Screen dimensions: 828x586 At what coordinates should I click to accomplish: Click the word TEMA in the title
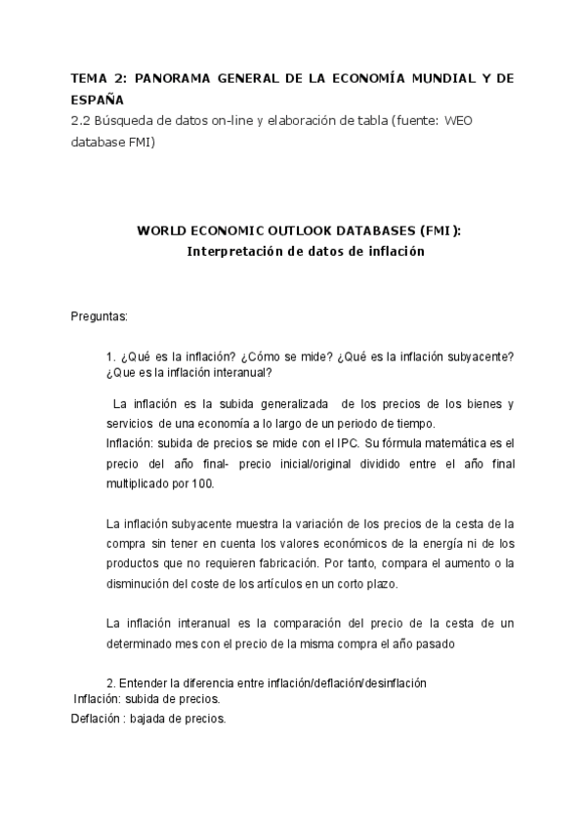(x=91, y=79)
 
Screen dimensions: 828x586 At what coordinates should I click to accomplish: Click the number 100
(x=193, y=483)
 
